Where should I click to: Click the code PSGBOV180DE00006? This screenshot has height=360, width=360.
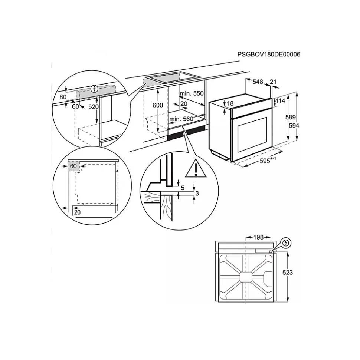tap(269, 55)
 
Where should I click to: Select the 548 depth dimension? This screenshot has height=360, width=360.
tap(258, 82)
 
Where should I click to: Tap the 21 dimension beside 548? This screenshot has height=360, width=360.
tap(273, 82)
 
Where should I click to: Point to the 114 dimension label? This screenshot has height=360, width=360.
tap(280, 100)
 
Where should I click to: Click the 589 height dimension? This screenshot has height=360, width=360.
tap(290, 117)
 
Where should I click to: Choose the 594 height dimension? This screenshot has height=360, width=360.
tap(294, 126)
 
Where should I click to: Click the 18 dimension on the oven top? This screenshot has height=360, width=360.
tap(230, 103)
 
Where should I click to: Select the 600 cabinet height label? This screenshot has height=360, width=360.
tap(158, 105)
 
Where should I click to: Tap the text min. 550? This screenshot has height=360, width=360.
tap(192, 93)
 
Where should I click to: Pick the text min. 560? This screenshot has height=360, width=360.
tap(181, 119)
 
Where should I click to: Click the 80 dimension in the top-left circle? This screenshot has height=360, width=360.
tap(63, 97)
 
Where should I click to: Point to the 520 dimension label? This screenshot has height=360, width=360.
tap(94, 107)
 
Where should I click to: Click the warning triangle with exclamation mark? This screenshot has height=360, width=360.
tap(196, 169)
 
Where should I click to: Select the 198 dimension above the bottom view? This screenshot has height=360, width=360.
tap(258, 237)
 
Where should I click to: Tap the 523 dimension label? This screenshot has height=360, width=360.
tap(288, 272)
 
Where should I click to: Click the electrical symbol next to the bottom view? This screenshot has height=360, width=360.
tap(286, 243)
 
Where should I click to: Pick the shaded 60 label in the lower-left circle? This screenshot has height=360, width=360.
tap(73, 166)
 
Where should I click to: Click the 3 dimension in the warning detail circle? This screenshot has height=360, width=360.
tap(197, 193)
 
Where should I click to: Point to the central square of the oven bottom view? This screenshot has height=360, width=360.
tap(246, 277)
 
